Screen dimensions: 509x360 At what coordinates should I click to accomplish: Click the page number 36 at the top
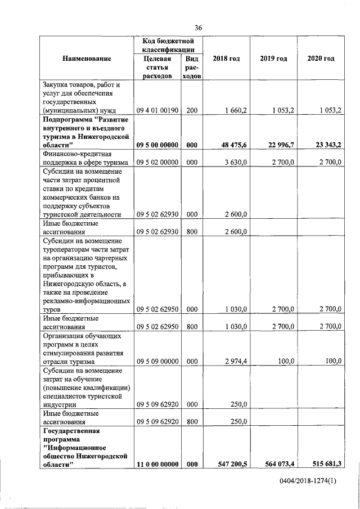198,28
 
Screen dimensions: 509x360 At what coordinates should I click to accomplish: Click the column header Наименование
87,58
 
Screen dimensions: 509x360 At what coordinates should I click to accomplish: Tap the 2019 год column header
273,58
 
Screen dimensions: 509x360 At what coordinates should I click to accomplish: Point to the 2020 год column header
321,58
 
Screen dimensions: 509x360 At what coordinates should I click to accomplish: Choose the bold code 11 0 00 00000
157,464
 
